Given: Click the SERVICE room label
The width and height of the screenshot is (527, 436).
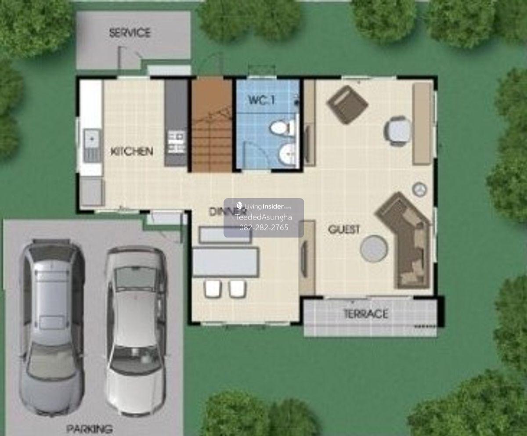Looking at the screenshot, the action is tap(130, 33).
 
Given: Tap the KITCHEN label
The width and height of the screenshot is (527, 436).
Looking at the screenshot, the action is tap(132, 151).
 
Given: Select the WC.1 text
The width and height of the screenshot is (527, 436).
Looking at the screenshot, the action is tap(261, 100).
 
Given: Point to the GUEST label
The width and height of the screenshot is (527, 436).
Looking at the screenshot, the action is tap(344, 229).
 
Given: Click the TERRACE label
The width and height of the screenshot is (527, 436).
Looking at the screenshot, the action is tap(366, 314).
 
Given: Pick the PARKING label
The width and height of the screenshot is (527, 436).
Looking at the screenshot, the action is tap(89, 429).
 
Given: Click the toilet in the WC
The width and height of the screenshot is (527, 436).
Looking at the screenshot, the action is tap(282, 128).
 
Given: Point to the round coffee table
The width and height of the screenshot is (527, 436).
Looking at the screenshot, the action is tap(374, 248).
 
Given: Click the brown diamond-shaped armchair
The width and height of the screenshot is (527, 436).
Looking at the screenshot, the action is tap(347, 104).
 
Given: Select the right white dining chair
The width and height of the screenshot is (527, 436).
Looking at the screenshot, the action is tap(237, 288).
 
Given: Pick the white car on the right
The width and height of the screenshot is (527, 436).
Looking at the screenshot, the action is tap(136, 331).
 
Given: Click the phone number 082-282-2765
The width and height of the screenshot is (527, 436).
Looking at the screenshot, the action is tap(264, 227).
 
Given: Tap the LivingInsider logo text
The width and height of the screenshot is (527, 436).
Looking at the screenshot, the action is tap(264, 206).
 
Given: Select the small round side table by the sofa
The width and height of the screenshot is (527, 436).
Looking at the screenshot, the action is tap(420, 189).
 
